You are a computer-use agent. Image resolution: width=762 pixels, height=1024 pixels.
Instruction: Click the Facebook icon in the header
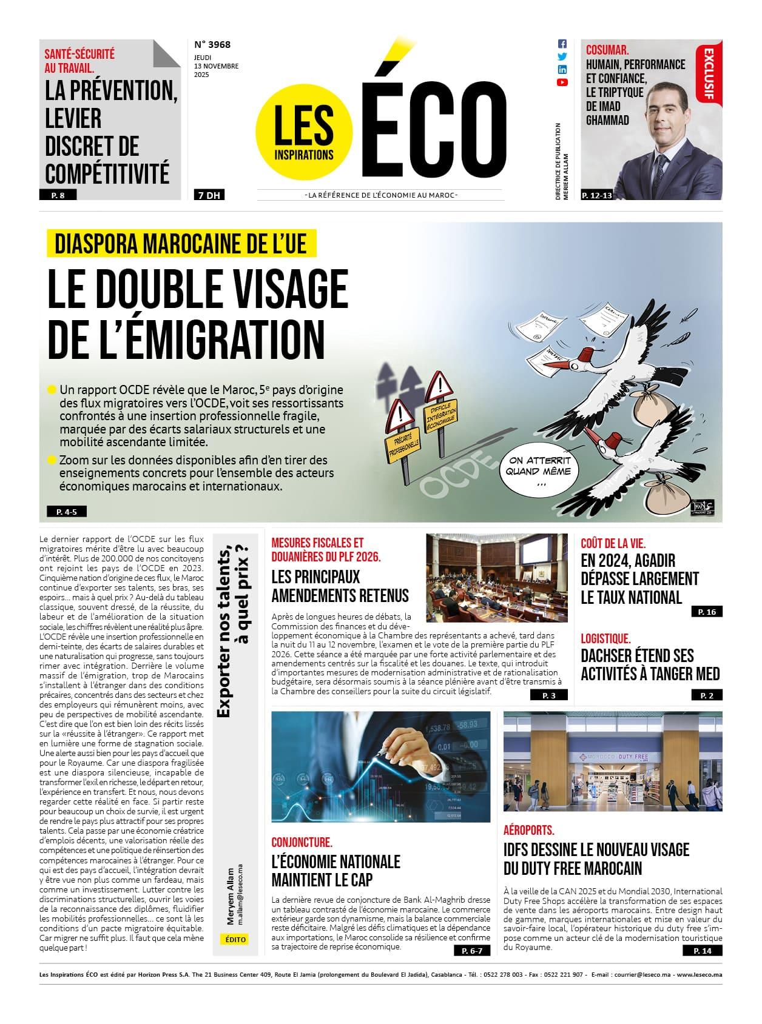point(562,44)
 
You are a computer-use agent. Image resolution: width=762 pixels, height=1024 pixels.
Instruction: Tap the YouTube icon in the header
point(562,82)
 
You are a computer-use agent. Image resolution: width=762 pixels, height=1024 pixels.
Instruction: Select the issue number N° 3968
point(212,44)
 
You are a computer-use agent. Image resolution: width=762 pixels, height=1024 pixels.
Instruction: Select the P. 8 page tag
point(61,195)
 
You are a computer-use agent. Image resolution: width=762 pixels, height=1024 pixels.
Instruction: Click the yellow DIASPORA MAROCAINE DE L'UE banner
point(181,244)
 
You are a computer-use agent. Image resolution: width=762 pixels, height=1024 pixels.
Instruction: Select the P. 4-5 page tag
point(66,512)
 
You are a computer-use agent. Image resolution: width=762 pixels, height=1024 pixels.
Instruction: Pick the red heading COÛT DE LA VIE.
point(613,543)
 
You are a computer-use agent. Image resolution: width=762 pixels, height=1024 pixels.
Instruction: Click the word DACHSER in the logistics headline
point(606,656)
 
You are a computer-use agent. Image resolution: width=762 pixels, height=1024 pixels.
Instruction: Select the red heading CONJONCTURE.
point(302,842)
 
